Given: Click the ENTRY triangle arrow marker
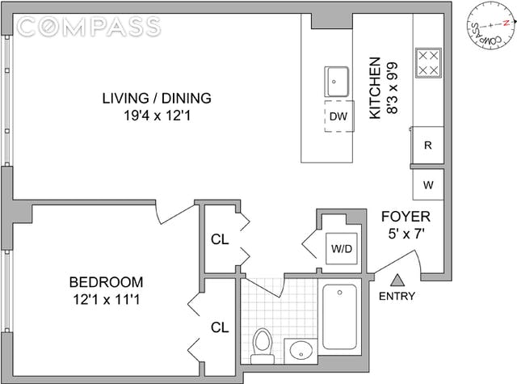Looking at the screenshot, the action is coord(397,281).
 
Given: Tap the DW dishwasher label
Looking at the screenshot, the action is coord(338,116).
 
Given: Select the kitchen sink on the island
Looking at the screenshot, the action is coord(336,82).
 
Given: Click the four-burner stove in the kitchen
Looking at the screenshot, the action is coord(428,63).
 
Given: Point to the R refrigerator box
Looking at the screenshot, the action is coord(428,146).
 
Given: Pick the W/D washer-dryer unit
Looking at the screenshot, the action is coord(342,248).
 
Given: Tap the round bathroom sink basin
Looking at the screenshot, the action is coord(301,351).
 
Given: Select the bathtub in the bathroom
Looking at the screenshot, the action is coord(339,317).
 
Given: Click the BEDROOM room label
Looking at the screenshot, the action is coord(106,282).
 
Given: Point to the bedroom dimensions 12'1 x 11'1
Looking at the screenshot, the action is coord(106,300).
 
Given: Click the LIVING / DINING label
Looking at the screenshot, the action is coord(157,99).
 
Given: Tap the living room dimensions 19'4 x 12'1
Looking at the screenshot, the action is coord(157,116).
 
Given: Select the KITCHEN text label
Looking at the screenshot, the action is coord(375,88).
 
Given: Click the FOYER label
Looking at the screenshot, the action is coord(406,217).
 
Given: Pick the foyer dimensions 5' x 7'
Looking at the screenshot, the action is coord(406,234).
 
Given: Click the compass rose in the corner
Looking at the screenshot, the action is coord(490,25).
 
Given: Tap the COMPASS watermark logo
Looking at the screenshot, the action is coord(88,27).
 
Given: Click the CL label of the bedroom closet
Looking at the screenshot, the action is coord(220,327).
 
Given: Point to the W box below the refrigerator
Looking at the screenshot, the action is coord(428,185).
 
